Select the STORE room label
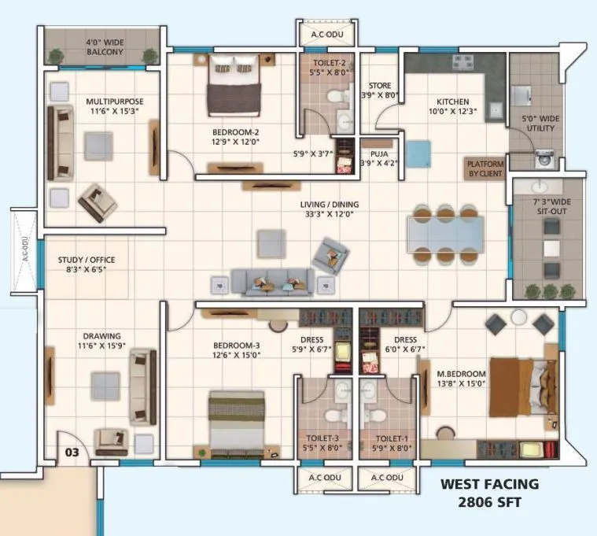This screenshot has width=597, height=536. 380,86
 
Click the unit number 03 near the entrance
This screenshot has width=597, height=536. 72,453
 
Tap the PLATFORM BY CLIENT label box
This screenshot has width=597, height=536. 485,168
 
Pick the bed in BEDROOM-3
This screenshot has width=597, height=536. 236,421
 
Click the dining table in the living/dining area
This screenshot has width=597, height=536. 446,233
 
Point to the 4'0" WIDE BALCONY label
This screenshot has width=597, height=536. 105,46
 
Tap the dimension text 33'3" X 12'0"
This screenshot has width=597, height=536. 329,213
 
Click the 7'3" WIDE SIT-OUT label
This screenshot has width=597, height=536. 551,207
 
